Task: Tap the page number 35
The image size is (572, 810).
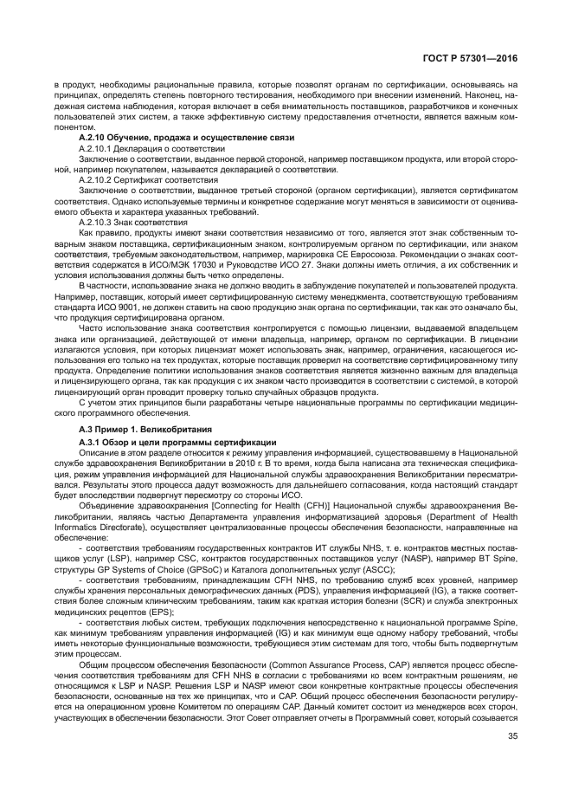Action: [x=512, y=761]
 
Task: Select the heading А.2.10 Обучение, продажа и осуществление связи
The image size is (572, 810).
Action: [x=186, y=138]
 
